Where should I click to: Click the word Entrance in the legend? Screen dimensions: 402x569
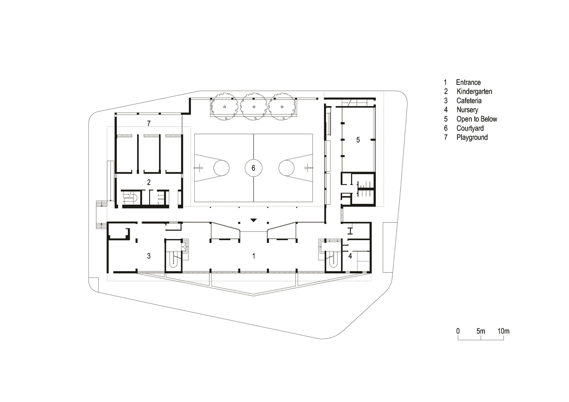click(x=468, y=83)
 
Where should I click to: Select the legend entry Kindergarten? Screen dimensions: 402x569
click(x=474, y=92)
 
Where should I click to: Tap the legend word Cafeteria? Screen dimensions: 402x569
click(x=469, y=101)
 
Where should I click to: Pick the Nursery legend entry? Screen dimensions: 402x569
click(x=467, y=110)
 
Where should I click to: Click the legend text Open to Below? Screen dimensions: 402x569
click(x=477, y=119)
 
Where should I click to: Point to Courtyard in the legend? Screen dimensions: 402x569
click(x=470, y=128)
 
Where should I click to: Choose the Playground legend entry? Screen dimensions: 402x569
click(x=472, y=137)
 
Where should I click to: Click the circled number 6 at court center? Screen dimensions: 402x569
click(x=253, y=168)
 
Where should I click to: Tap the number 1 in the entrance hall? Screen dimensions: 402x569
click(x=254, y=256)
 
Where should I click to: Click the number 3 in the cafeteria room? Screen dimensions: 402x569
click(x=149, y=256)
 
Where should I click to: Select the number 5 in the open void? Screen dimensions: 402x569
click(x=358, y=140)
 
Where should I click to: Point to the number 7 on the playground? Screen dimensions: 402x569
click(x=149, y=123)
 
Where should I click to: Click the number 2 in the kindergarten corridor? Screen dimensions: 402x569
click(x=149, y=182)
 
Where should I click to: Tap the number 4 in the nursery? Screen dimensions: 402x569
click(x=350, y=256)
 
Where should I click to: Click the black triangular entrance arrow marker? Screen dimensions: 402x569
click(x=253, y=220)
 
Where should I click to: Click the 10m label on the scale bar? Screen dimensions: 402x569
click(x=503, y=331)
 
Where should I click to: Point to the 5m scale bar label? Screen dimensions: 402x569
click(x=481, y=331)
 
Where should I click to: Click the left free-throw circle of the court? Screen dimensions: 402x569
click(x=221, y=168)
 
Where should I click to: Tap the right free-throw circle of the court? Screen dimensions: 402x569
click(x=286, y=168)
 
